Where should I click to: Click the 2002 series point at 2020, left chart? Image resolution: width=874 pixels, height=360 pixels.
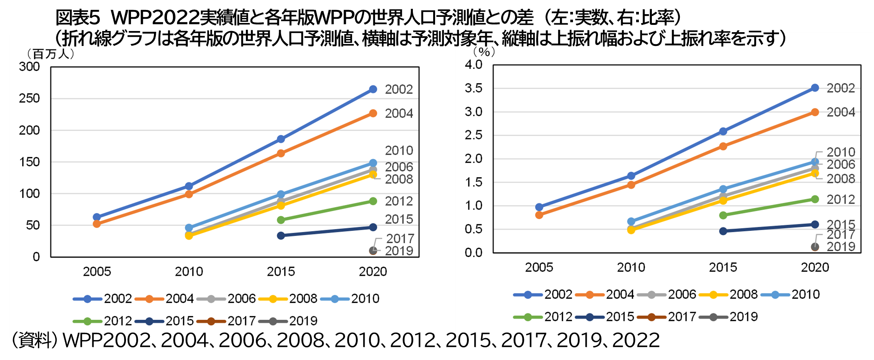[x=373, y=89]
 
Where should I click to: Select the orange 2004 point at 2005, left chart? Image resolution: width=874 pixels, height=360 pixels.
[x=97, y=224]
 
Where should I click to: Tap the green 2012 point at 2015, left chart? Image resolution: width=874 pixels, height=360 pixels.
[x=281, y=220]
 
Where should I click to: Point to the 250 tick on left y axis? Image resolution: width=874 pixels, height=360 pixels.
[x=29, y=98]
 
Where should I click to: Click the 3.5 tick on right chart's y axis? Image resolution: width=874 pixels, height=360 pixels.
[x=473, y=88]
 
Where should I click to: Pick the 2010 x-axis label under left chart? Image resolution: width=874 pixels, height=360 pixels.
[x=189, y=272]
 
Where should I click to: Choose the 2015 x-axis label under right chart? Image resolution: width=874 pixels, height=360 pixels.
[x=723, y=267]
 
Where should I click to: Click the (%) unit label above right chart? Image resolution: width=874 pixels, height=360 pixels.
[x=484, y=52]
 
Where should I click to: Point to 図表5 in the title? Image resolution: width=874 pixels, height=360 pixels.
[x=78, y=17]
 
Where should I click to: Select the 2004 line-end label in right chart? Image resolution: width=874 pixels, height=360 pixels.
[x=841, y=112]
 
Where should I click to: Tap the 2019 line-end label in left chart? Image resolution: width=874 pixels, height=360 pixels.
[x=399, y=251]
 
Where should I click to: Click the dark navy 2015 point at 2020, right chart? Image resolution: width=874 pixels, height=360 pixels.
[x=815, y=224]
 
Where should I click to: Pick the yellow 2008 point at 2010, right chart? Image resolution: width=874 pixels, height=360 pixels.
[x=631, y=230]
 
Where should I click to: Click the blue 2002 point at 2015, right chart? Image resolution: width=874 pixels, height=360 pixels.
[x=723, y=131]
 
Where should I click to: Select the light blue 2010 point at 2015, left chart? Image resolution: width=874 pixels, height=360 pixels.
[x=281, y=194]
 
